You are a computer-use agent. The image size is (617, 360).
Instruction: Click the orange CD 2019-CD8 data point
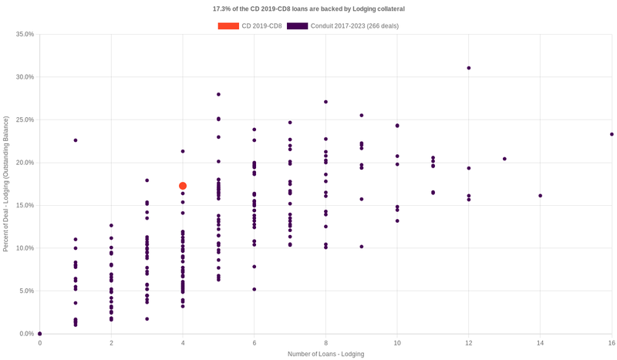(183, 186)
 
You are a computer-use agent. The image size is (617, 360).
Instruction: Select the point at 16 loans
(612, 134)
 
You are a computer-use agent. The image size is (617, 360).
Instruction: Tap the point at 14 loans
(540, 196)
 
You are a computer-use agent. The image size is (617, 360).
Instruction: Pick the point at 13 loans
(504, 159)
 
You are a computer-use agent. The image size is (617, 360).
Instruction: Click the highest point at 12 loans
(468, 68)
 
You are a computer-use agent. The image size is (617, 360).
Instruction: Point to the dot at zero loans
(40, 334)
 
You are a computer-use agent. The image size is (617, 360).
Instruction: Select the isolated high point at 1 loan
(76, 140)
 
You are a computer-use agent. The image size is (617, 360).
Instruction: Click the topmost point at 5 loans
(218, 94)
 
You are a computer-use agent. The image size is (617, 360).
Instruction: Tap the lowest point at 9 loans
(362, 247)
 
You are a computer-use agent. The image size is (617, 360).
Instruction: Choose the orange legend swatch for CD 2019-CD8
(228, 26)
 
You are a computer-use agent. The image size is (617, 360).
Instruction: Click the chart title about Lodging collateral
(308, 8)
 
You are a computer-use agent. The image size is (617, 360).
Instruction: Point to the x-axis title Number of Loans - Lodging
(325, 354)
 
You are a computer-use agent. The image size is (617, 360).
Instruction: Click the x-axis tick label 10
(397, 342)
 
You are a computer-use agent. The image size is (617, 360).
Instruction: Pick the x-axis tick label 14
(540, 342)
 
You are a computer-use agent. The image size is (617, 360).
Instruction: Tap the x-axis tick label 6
(255, 342)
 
